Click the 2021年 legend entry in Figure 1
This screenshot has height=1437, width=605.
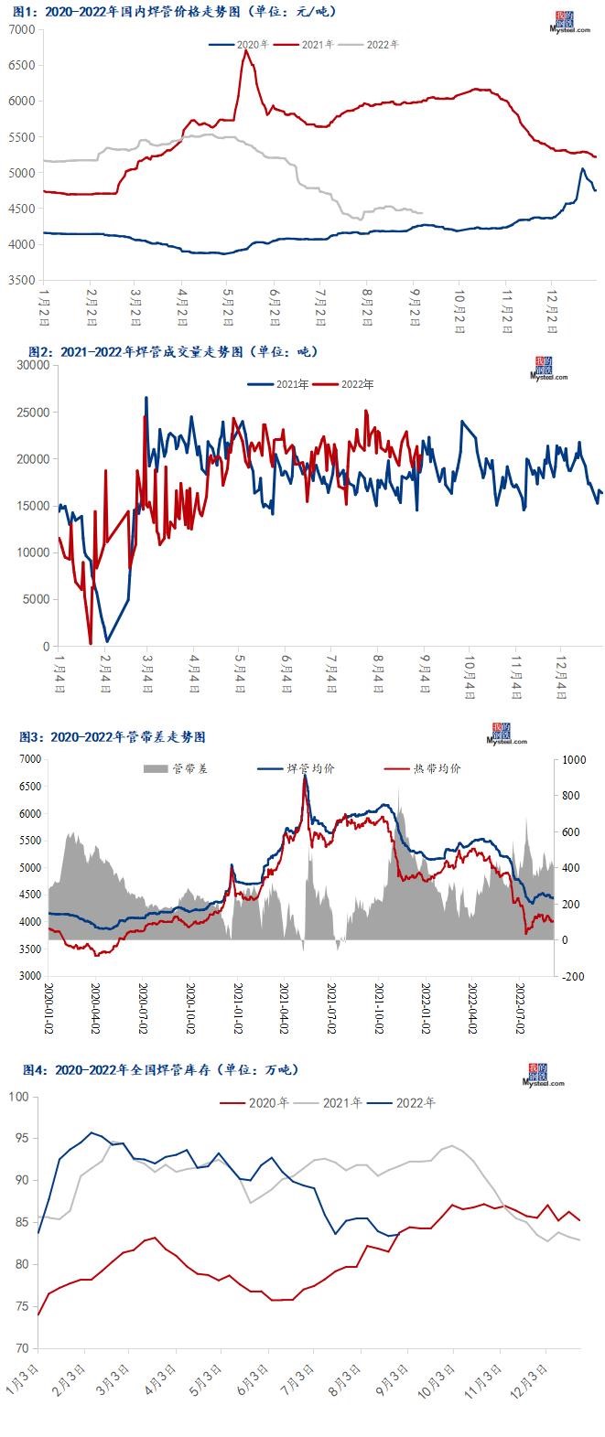[x=317, y=44]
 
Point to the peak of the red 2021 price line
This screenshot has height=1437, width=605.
[x=244, y=51]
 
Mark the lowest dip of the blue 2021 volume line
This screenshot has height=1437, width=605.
[x=107, y=640]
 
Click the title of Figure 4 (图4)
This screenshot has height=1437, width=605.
[x=160, y=1069]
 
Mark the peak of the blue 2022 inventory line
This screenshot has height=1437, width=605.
[x=91, y=1132]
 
